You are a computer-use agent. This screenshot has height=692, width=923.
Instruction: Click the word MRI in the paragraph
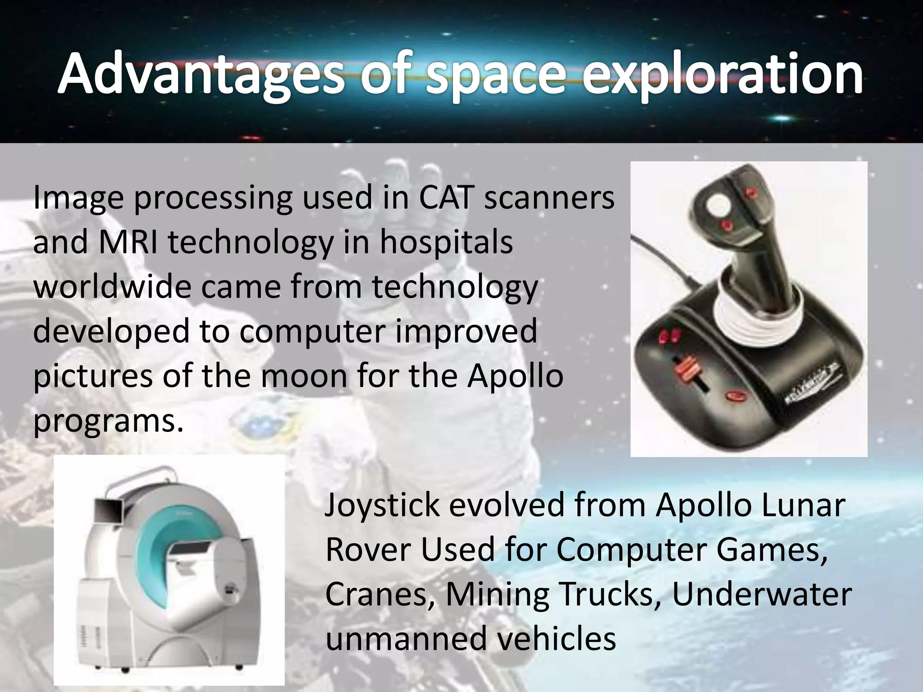click(x=128, y=242)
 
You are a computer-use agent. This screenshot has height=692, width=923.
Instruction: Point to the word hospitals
click(x=446, y=242)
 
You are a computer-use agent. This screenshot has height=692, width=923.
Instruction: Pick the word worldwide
click(x=112, y=287)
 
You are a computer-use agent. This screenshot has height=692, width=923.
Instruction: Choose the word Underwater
click(x=762, y=594)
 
